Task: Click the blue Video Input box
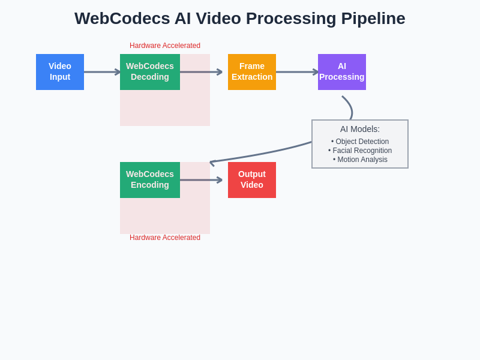coord(60,72)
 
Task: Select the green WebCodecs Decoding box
coord(150,72)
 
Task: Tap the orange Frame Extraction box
coord(252,72)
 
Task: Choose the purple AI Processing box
coord(342,72)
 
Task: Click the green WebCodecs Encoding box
coord(150,180)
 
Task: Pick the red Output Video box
coord(252,180)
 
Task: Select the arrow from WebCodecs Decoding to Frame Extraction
coord(201,72)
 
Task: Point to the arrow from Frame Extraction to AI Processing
coord(297,72)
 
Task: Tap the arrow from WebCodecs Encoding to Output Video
coord(201,180)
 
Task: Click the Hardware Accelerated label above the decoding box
coord(165,46)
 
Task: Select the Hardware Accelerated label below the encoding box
coord(165,238)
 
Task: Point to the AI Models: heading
coord(360,129)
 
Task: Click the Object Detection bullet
coord(360,142)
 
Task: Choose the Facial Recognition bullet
coord(360,151)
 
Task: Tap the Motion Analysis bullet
coord(360,160)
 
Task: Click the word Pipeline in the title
coord(373,19)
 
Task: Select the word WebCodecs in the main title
coord(122,19)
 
